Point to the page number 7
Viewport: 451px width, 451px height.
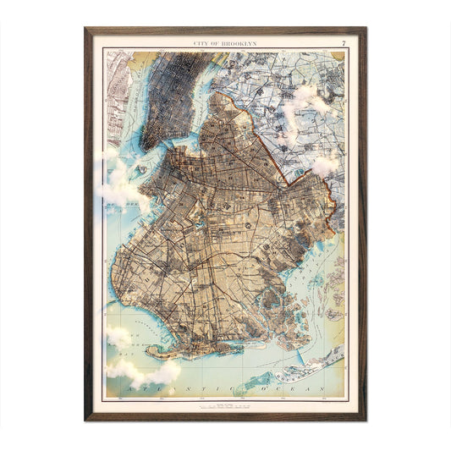343,42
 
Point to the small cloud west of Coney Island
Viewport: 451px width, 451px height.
118,337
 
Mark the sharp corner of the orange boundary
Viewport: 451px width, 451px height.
292,184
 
